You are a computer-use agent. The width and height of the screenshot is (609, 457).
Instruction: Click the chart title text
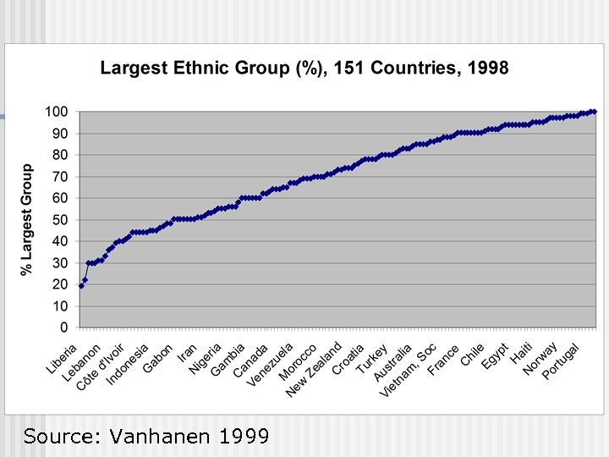304,68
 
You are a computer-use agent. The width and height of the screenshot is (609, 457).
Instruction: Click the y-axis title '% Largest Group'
27,219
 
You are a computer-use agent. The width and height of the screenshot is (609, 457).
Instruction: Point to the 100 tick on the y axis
57,112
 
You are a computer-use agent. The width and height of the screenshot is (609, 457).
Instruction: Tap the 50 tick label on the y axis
60,219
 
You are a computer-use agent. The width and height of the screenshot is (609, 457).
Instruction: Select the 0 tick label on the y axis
64,327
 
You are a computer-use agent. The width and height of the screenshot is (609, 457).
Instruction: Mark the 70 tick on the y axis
60,176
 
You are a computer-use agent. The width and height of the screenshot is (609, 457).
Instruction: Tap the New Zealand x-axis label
314,369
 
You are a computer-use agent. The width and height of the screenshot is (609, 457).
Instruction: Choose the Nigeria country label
206,359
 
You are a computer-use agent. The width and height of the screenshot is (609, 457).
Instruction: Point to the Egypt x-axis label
496,356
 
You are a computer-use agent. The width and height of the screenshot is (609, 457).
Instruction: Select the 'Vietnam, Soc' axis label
409,370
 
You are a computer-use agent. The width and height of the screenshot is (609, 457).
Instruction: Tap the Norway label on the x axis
540,359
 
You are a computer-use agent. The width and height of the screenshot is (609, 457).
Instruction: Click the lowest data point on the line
81,286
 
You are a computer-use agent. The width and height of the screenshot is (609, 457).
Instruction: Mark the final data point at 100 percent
594,112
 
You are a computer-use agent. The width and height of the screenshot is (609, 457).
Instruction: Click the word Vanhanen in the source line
160,437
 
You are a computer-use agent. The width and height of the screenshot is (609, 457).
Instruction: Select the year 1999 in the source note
244,437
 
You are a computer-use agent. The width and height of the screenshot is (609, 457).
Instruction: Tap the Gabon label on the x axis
158,357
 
